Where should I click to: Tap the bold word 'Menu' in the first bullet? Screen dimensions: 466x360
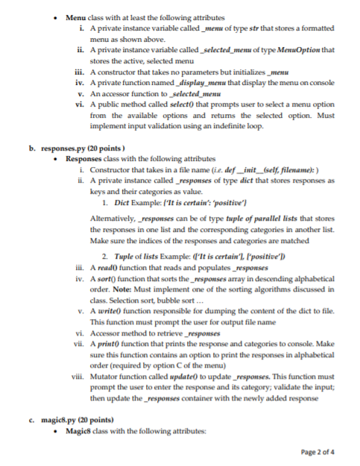(76, 16)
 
